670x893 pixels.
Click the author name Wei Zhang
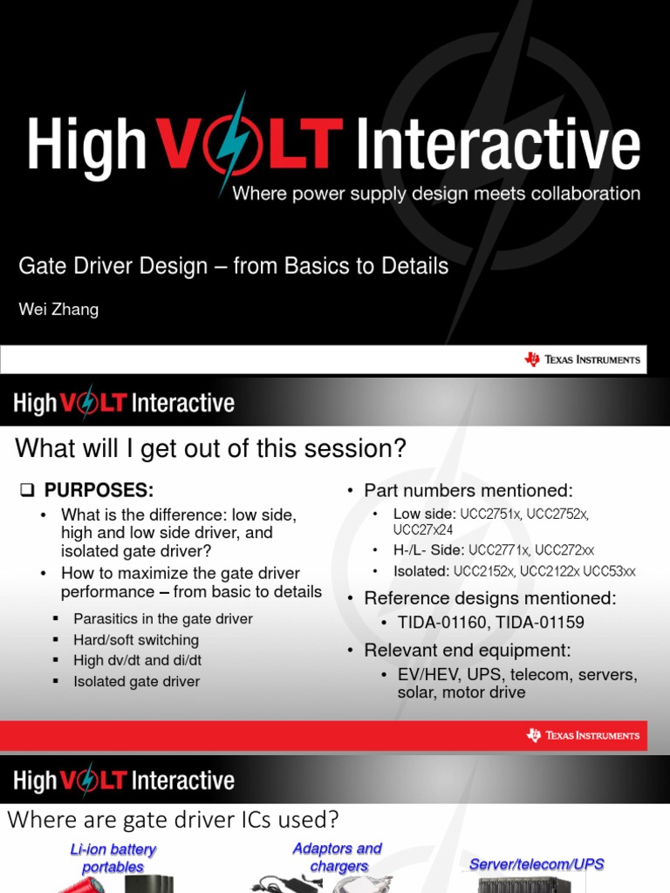point(58,310)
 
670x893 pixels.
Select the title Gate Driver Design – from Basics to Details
point(234,266)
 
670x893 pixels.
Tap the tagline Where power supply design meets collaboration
point(436,194)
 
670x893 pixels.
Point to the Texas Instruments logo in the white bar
point(582,359)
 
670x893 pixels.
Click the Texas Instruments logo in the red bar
point(582,735)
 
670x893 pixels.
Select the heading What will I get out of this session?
point(211,448)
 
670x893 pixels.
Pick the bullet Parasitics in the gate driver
point(163,619)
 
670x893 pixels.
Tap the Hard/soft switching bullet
point(136,640)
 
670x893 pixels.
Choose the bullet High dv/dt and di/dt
point(138,661)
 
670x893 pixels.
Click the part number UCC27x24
point(423,529)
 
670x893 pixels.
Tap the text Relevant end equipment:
point(468,651)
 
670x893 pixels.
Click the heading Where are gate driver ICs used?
point(173,821)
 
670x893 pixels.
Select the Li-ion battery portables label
point(113,858)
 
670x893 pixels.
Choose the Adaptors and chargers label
point(338,857)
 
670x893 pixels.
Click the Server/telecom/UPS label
point(537,864)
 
